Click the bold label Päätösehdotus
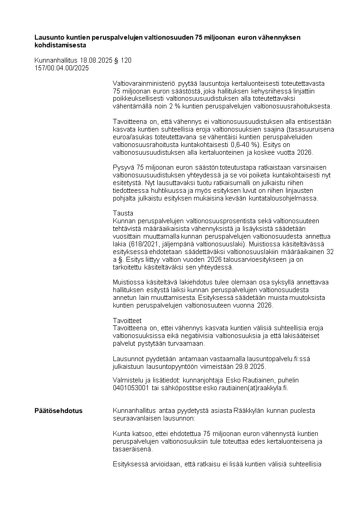pyautogui.click(x=58, y=411)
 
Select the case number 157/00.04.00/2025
pyautogui.click(x=62, y=68)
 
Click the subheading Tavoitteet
pyautogui.click(x=127, y=320)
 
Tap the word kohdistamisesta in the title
pyautogui.click(x=60, y=45)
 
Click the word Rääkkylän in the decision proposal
pyautogui.click(x=248, y=411)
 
